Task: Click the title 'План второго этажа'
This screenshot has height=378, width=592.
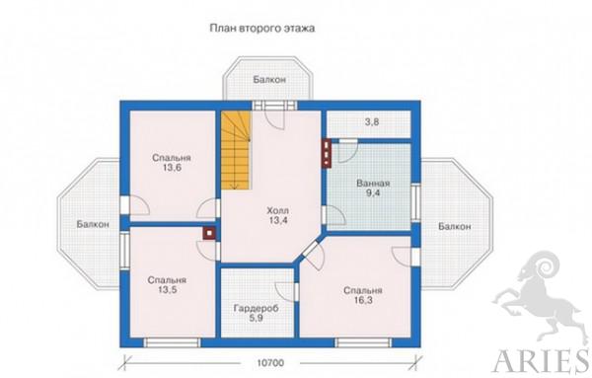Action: pyautogui.click(x=262, y=29)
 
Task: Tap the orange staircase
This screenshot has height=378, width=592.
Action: pyautogui.click(x=236, y=150)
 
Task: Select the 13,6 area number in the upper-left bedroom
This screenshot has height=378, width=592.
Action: pyautogui.click(x=172, y=168)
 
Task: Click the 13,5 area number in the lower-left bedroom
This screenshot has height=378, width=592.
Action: pyautogui.click(x=168, y=290)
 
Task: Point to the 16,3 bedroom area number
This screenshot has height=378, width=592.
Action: pyautogui.click(x=363, y=300)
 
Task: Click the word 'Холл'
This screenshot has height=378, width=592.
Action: pyautogui.click(x=278, y=211)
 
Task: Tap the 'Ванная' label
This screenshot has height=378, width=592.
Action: pyautogui.click(x=373, y=184)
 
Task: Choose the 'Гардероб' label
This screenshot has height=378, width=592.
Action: pyautogui.click(x=257, y=309)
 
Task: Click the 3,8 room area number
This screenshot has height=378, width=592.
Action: pyautogui.click(x=372, y=122)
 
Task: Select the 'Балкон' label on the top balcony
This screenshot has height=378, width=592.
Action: pyautogui.click(x=269, y=80)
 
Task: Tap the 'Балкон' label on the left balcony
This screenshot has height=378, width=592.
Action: pyautogui.click(x=93, y=224)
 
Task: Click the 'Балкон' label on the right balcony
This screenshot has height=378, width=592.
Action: pyautogui.click(x=455, y=227)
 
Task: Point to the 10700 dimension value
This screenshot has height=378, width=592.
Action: pyautogui.click(x=270, y=363)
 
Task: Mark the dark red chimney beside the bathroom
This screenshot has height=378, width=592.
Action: pyautogui.click(x=327, y=153)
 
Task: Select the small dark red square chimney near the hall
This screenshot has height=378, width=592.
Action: pyautogui.click(x=209, y=233)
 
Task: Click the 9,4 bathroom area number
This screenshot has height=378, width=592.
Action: pyautogui.click(x=373, y=193)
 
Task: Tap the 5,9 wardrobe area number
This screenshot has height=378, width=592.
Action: pyautogui.click(x=257, y=319)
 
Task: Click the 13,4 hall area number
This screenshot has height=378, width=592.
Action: pyautogui.click(x=278, y=220)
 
